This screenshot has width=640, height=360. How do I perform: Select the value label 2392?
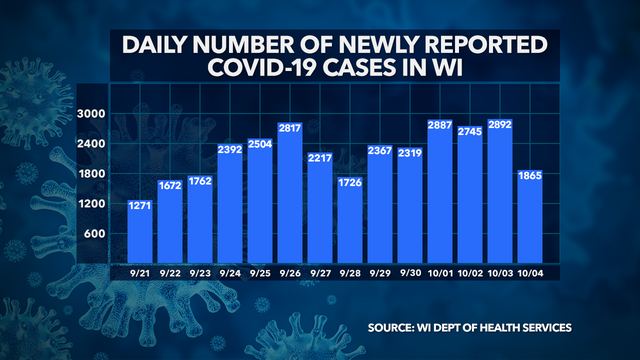click(230, 151)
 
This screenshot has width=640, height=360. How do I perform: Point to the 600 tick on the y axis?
click(94, 234)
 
